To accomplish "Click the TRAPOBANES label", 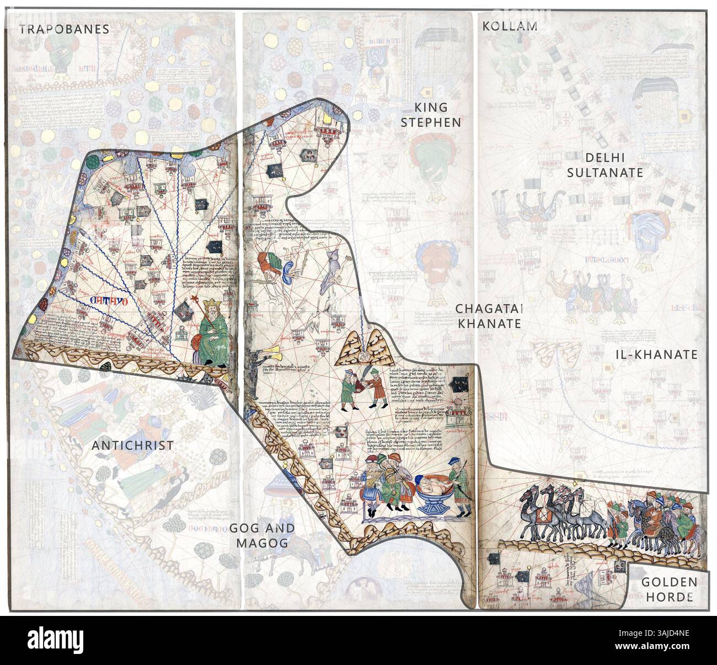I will pos(65,29).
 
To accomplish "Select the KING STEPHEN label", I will pos(430,115).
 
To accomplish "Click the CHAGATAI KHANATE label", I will pos(488,315).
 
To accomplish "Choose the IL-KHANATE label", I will pos(656,355).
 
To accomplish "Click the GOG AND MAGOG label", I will pos(262,535).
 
